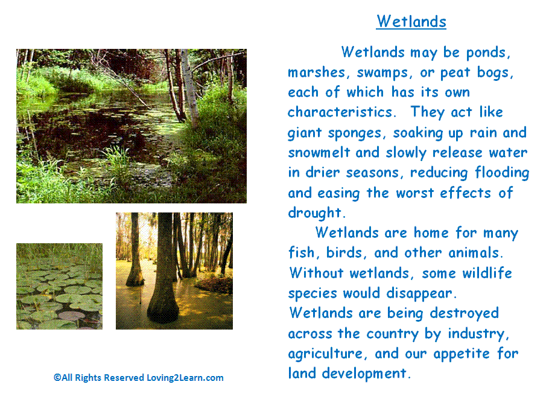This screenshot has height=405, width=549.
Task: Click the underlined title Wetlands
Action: click(411, 22)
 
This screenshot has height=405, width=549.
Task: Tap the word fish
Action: click(302, 253)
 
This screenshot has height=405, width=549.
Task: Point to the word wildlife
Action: click(487, 273)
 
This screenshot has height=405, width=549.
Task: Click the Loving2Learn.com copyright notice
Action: click(138, 378)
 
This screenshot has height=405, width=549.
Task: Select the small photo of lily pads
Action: click(59, 286)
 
